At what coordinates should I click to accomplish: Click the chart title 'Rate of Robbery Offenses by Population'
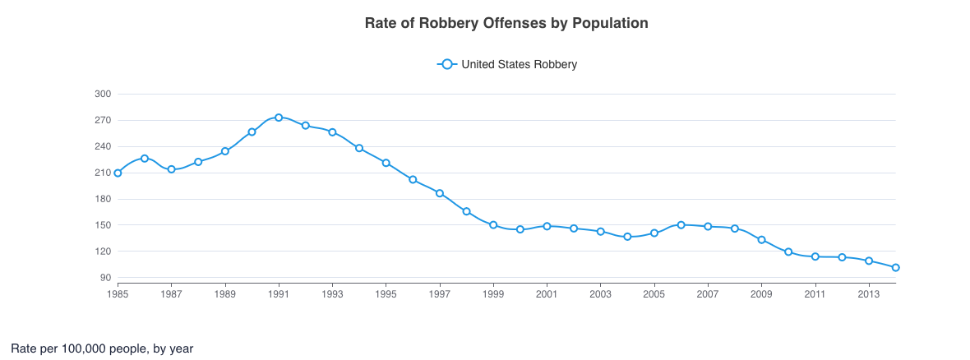click(506, 23)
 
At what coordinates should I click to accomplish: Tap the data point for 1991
click(279, 118)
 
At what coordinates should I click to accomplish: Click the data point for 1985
click(118, 173)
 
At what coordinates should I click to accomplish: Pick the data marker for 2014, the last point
click(895, 267)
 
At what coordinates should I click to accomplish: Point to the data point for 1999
click(493, 224)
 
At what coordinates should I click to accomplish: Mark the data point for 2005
click(654, 233)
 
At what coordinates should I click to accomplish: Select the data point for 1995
click(386, 163)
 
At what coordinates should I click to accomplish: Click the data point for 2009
click(761, 240)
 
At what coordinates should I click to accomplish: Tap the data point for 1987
click(171, 169)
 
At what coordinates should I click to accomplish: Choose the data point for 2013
click(869, 261)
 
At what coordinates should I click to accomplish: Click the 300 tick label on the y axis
click(103, 95)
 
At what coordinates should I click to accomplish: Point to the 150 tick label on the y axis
click(103, 225)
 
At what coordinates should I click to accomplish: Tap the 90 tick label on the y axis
click(106, 278)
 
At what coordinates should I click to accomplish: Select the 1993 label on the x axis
click(332, 293)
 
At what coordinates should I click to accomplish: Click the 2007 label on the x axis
click(708, 293)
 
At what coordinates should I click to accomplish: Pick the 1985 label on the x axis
click(118, 293)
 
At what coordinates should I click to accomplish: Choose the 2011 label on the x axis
click(815, 293)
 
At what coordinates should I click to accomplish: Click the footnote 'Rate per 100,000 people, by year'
click(102, 348)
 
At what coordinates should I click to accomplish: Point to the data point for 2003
click(600, 232)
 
